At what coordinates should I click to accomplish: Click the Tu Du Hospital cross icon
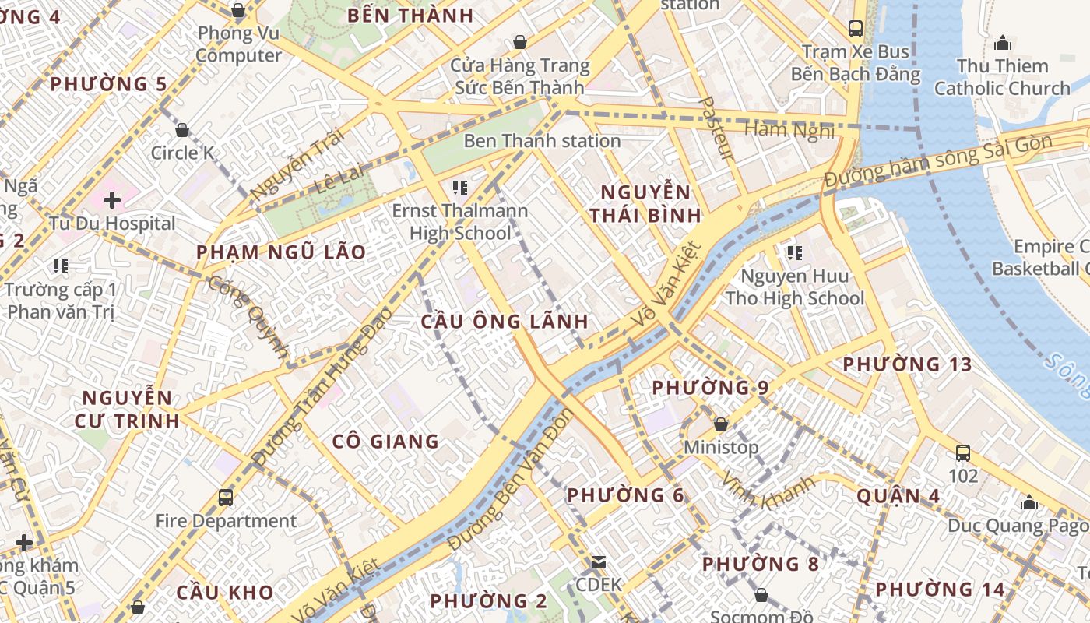point(112,200)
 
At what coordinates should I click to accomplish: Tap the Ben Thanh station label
point(542,141)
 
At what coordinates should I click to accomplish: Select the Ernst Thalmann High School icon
point(460,188)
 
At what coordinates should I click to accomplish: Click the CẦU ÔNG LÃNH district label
point(505,322)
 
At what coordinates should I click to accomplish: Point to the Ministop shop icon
point(721,424)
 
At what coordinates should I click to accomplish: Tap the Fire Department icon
point(226,497)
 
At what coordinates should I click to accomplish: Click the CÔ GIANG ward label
point(385,442)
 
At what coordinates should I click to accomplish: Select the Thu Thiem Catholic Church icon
point(1003,42)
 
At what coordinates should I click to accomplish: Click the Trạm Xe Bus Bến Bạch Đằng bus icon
point(856,29)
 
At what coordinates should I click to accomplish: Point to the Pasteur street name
point(717,128)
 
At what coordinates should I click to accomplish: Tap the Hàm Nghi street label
point(789,130)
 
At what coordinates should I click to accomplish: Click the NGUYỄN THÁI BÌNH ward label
point(645,204)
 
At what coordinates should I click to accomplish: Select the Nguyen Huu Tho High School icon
point(795,252)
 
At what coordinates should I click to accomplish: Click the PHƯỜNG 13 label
point(907,364)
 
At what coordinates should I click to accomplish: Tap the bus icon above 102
point(963,452)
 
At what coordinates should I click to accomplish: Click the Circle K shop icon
point(182,130)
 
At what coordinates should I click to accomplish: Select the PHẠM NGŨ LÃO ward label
point(281,252)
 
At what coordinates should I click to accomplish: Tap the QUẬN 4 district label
point(898,496)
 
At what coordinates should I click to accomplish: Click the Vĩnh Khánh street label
point(768,490)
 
